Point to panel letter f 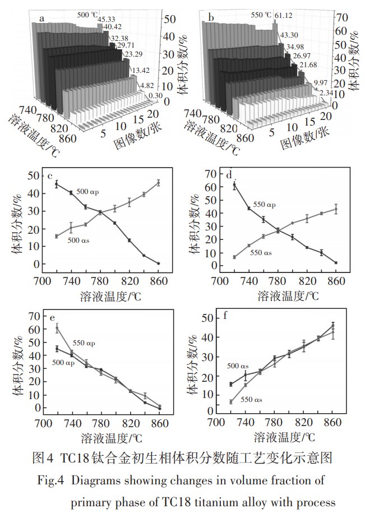point(225,315)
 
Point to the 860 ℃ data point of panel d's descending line point(336,262)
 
